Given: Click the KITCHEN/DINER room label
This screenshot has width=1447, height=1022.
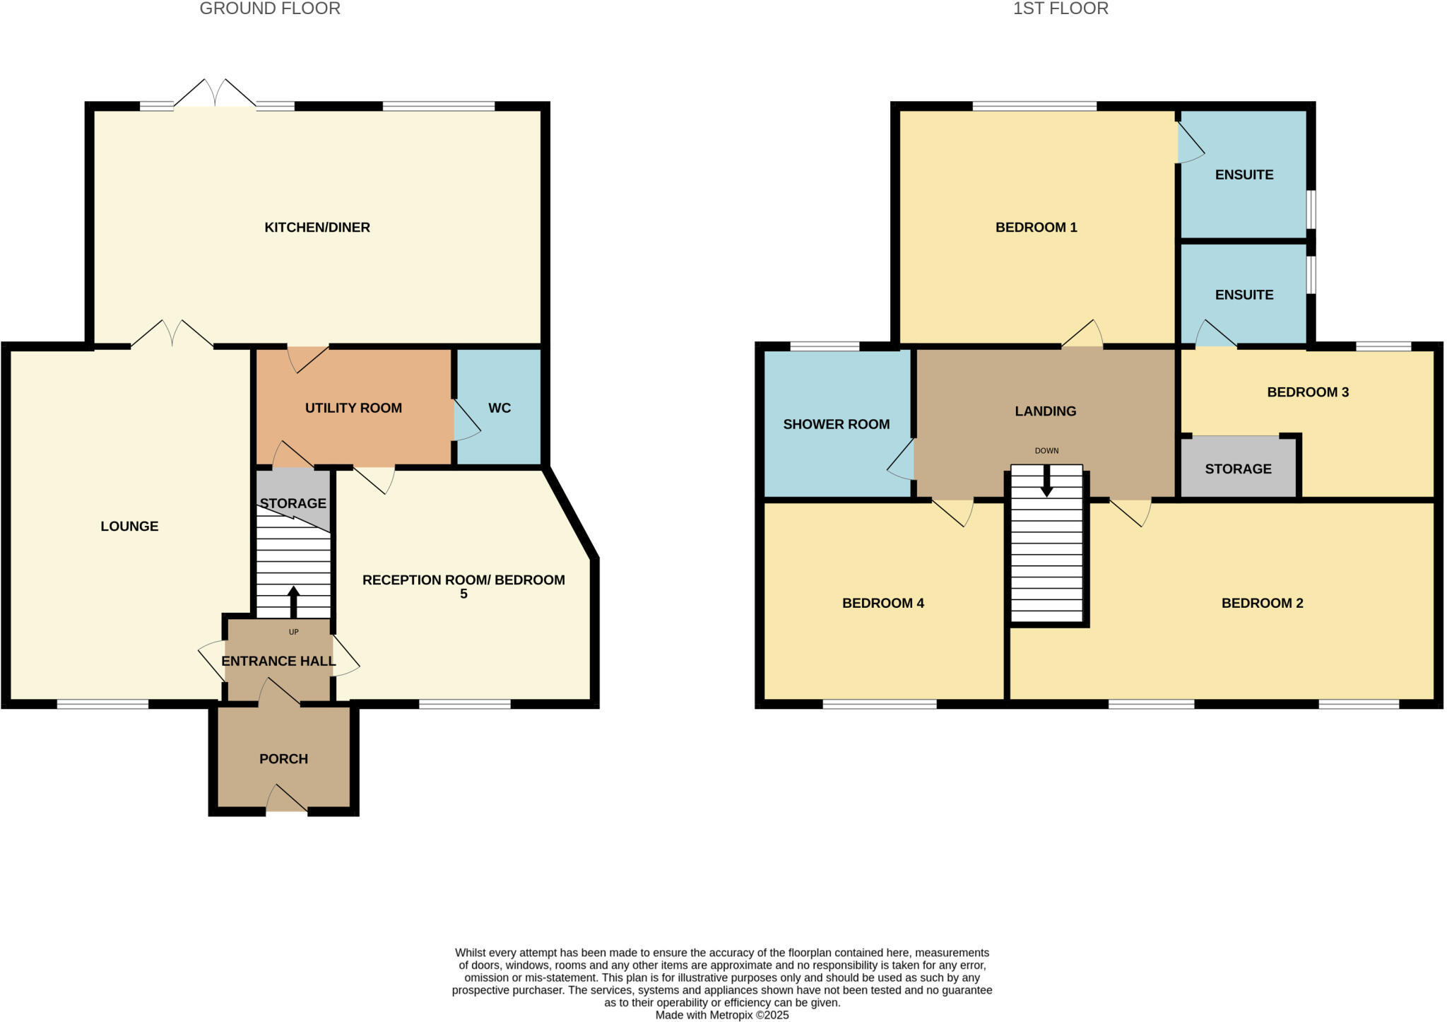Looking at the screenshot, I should click(x=317, y=228).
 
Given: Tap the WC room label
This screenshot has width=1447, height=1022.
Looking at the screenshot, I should click(x=499, y=409).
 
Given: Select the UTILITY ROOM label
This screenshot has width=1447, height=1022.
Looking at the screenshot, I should click(x=353, y=409).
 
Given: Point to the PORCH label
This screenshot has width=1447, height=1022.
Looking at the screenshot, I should click(x=283, y=759).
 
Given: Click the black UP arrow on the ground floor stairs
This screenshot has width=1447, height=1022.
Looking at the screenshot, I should click(x=293, y=601).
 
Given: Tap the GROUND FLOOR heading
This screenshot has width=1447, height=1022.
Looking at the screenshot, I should click(x=270, y=8).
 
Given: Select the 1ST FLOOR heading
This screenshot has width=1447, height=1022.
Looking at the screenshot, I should click(x=1061, y=8).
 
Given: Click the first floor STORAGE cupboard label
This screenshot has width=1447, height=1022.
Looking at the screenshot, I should click(x=1238, y=469).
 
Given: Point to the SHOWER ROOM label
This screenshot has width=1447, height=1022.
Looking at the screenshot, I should click(x=836, y=425).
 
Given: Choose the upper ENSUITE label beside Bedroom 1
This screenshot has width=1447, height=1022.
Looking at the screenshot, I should click(x=1244, y=175).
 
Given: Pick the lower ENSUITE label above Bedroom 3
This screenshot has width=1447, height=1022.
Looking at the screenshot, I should click(x=1244, y=295).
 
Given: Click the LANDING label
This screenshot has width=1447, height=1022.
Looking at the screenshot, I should click(x=1045, y=411).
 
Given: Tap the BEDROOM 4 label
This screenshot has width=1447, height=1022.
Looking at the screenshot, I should click(x=882, y=604).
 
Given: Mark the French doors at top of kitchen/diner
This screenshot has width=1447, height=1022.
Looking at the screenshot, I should click(x=215, y=95).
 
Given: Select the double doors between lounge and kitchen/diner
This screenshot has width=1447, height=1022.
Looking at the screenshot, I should click(x=172, y=335).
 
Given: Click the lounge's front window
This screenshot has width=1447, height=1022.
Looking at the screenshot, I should click(x=102, y=704).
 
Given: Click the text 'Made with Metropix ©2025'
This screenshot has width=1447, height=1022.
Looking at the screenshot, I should click(x=721, y=1016).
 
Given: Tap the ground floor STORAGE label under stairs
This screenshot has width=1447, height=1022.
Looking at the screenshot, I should click(x=293, y=504).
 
